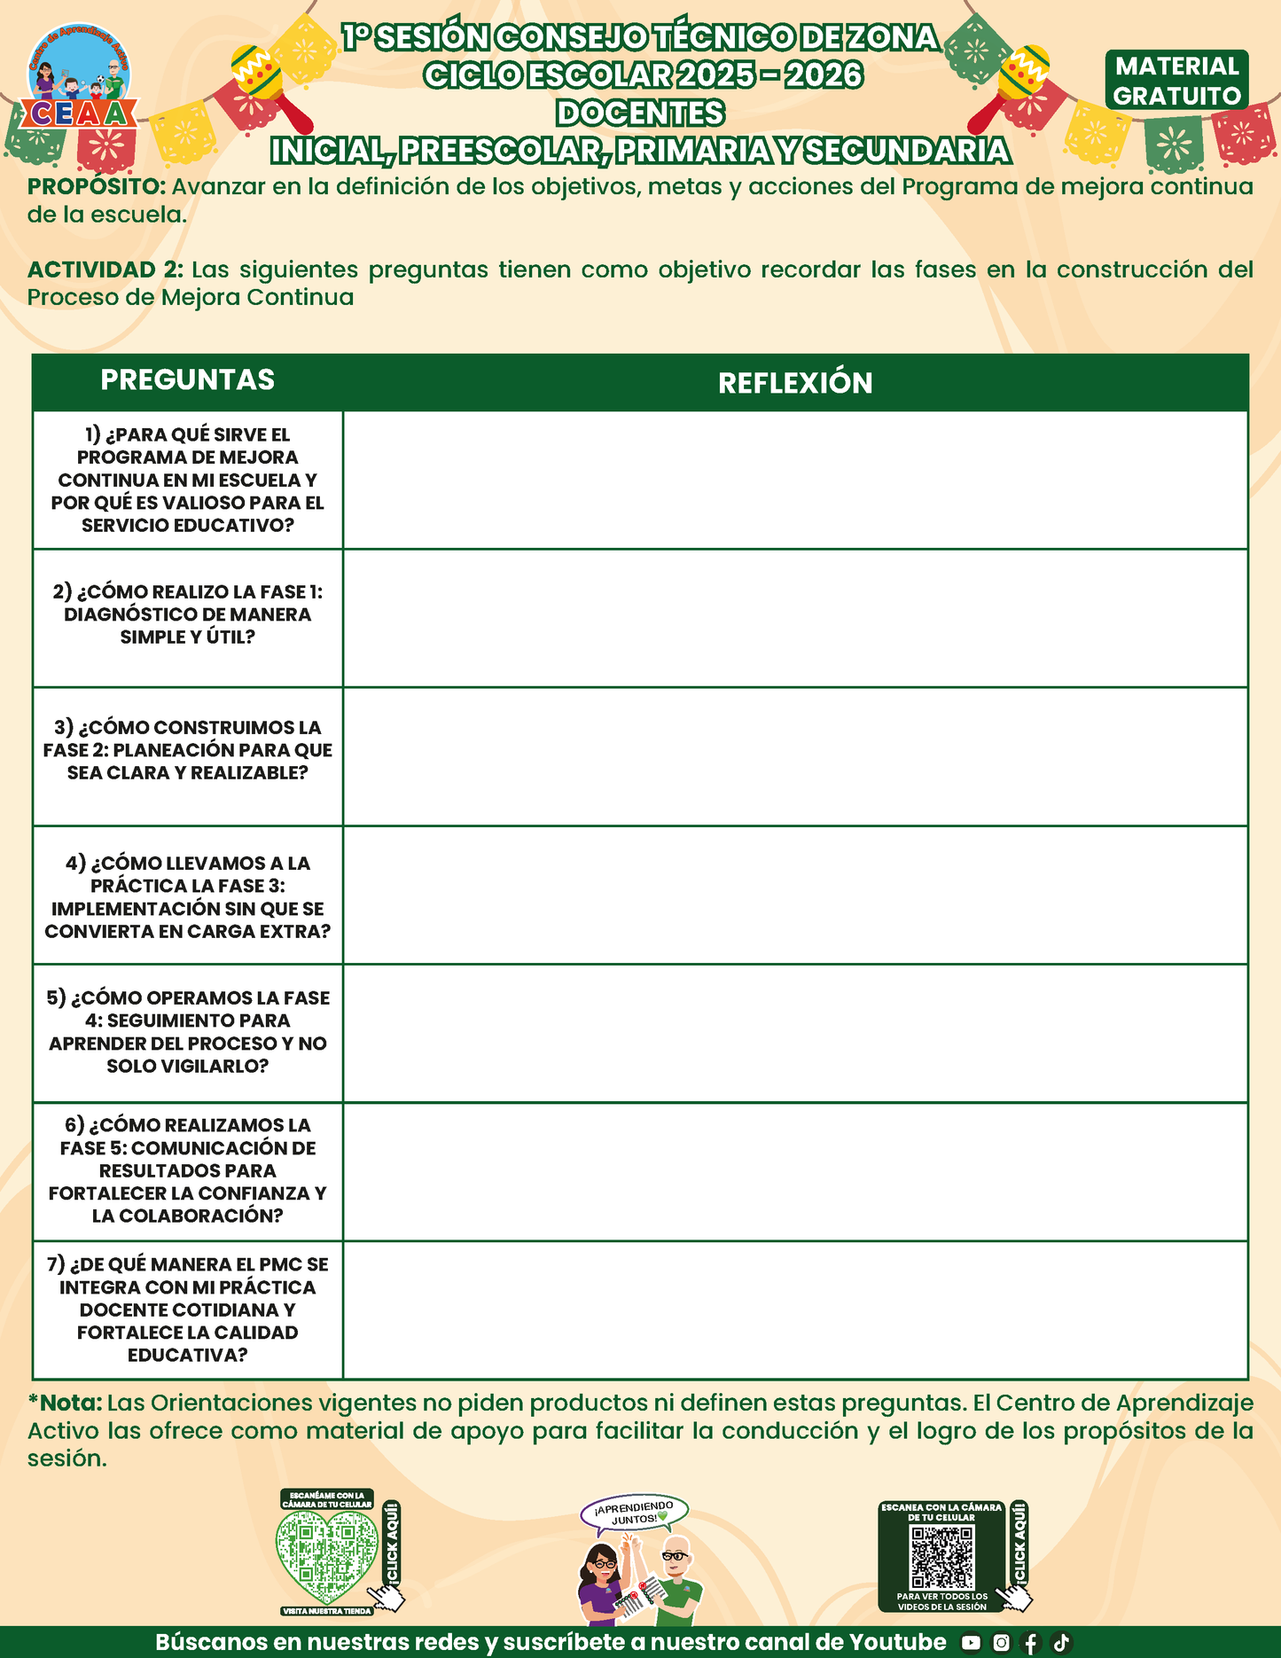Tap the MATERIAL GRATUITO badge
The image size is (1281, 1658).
point(1176,81)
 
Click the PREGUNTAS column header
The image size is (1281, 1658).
point(187,380)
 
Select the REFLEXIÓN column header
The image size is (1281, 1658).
point(795,383)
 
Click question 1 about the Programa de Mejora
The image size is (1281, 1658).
point(187,480)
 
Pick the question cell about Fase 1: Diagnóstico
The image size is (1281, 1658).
point(187,614)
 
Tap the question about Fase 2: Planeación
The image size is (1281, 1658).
point(187,750)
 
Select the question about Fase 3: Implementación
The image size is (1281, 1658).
point(187,896)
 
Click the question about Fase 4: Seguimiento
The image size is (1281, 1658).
point(187,1032)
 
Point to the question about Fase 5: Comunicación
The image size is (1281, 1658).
point(187,1170)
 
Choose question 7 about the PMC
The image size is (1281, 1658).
point(187,1310)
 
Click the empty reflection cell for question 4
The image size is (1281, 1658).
point(795,895)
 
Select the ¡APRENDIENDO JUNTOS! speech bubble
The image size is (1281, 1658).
point(634,1513)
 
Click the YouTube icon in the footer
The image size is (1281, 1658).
point(971,1643)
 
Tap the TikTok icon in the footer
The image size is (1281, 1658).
point(1061,1643)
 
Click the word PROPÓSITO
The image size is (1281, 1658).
point(96,187)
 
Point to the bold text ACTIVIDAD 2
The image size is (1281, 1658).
point(105,270)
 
